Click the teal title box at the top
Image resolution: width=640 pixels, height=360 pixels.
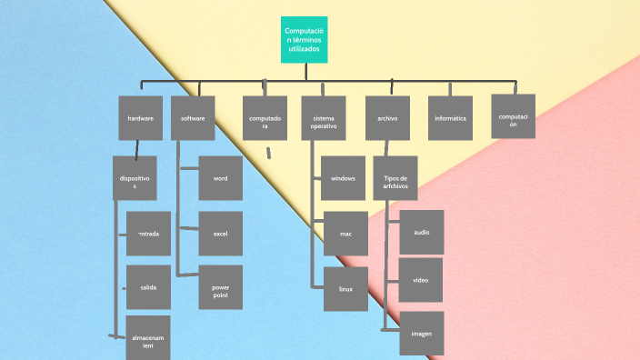tap(304, 40)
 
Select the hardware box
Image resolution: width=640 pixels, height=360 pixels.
tap(140, 118)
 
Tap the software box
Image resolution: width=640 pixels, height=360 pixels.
tap(193, 118)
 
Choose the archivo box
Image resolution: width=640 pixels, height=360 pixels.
tap(387, 118)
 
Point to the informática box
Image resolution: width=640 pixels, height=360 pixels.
tap(450, 118)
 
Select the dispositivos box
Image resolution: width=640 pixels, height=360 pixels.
tap(135, 177)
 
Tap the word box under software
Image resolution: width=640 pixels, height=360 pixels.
tap(221, 178)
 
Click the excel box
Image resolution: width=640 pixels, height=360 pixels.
tap(221, 233)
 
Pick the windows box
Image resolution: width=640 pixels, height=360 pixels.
tap(343, 178)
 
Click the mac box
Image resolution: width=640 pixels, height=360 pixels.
tap(345, 233)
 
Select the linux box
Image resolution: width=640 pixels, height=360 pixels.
tap(345, 288)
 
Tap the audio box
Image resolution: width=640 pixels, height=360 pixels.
tap(422, 232)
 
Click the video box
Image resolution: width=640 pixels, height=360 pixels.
tap(421, 280)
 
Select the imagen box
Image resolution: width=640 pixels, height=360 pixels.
tap(421, 334)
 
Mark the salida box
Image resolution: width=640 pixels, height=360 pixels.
tap(148, 287)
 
